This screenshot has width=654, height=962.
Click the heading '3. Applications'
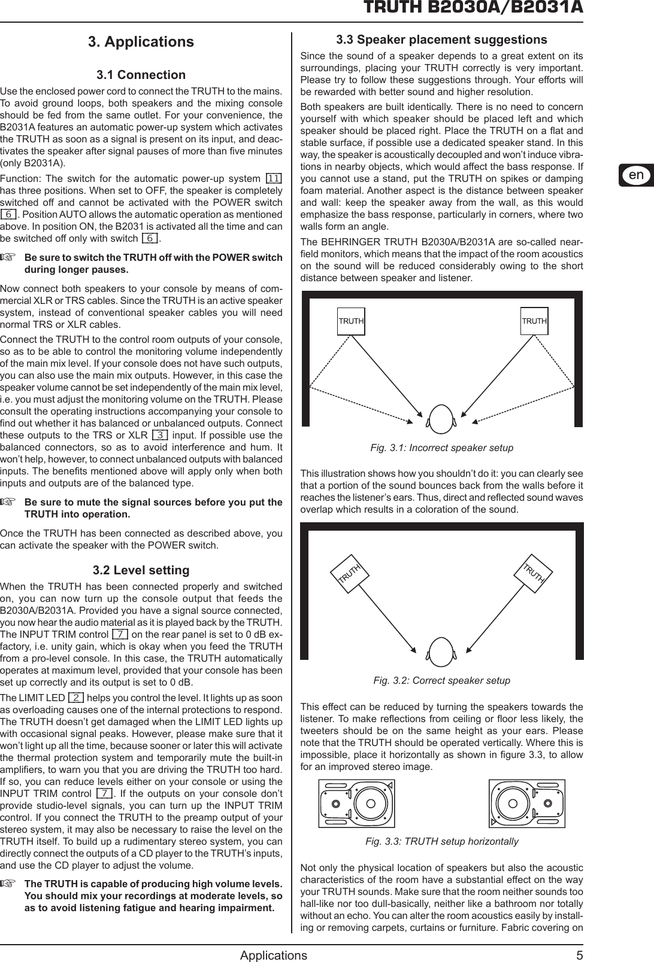[141, 42]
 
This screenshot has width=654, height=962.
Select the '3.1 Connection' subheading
[141, 75]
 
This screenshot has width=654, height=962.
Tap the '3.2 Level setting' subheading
[141, 570]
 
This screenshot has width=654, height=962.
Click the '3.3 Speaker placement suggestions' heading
[441, 40]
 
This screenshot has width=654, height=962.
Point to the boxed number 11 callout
[274, 179]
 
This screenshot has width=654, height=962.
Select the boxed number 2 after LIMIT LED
[76, 698]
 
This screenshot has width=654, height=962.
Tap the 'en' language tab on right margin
[636, 175]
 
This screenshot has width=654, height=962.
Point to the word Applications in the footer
[273, 955]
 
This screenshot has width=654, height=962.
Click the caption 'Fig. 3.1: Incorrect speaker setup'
[441, 447]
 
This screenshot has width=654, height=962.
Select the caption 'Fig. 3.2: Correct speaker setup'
[441, 680]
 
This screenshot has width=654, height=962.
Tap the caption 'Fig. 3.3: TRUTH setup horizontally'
[441, 841]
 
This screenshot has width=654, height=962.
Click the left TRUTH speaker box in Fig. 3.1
[351, 321]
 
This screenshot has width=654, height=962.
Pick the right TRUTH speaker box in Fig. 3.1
[534, 321]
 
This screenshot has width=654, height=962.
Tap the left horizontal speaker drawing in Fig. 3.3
[356, 803]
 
